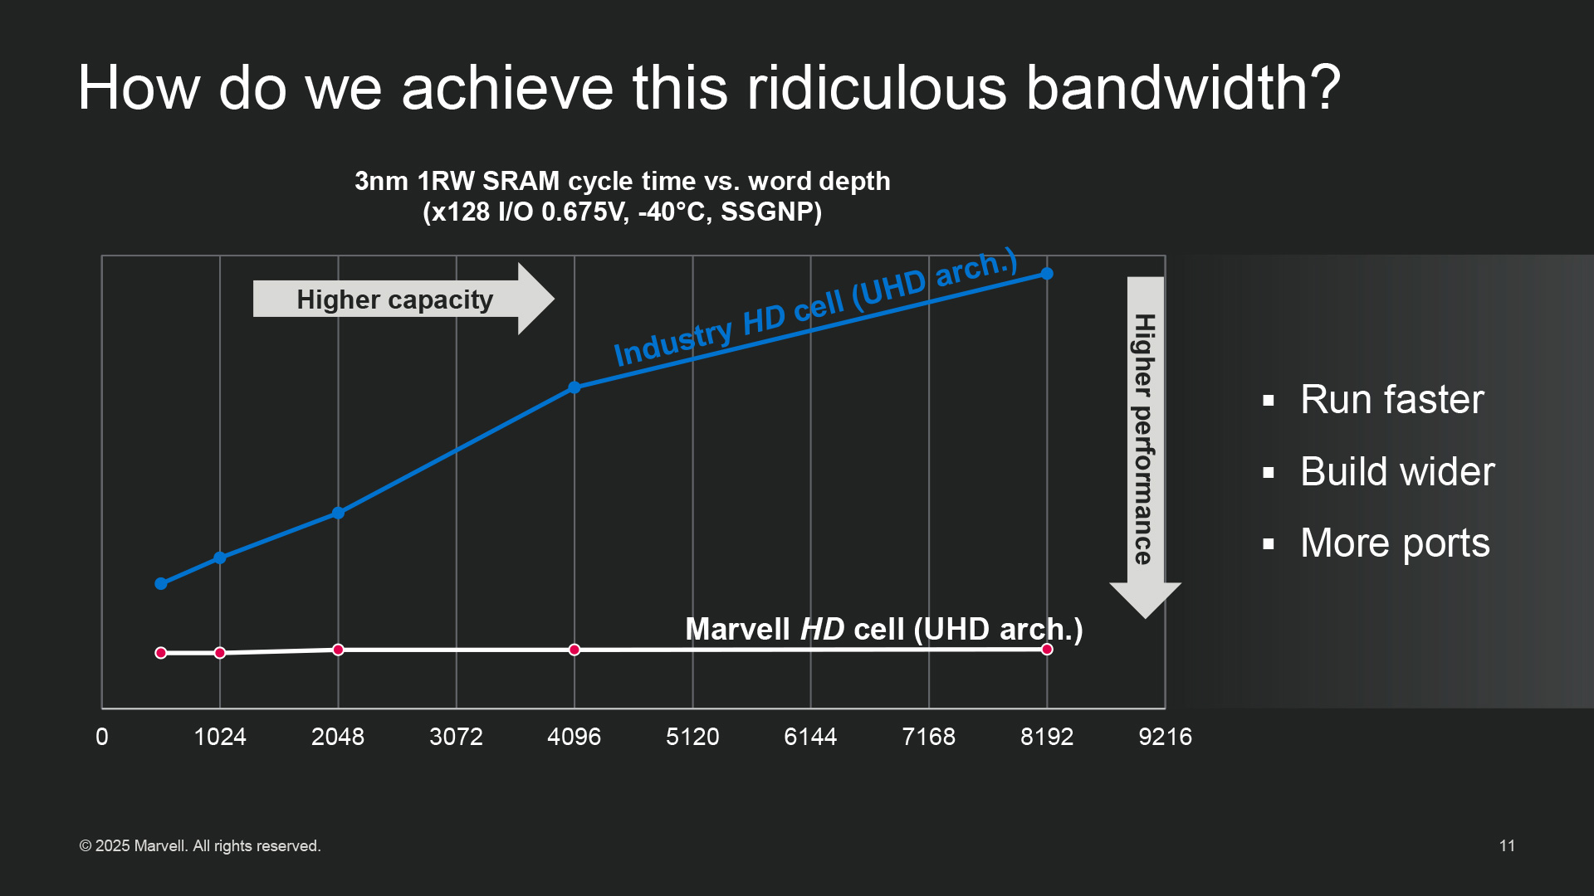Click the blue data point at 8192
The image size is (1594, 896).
click(x=1047, y=274)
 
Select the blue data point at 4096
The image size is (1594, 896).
click(x=575, y=387)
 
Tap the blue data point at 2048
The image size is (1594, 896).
click(x=338, y=513)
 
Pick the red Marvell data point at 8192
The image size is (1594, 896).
click(x=1047, y=650)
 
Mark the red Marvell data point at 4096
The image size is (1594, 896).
click(x=575, y=650)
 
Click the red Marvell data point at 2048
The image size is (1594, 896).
click(x=338, y=650)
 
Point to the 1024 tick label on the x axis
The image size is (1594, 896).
click(x=220, y=737)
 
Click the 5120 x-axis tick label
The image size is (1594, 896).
click(x=692, y=737)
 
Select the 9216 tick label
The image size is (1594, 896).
click(x=1165, y=737)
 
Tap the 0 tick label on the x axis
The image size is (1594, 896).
click(x=102, y=737)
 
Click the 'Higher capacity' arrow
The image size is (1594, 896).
click(x=403, y=299)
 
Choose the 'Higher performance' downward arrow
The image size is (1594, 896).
click(x=1146, y=447)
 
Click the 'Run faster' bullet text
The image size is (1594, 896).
click(x=1391, y=400)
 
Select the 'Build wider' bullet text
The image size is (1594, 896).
click(x=1397, y=472)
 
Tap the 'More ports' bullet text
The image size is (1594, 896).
click(x=1395, y=544)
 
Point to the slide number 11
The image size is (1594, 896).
click(x=1507, y=846)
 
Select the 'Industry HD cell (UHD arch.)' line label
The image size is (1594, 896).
click(x=815, y=307)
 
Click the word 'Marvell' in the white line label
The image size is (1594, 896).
click(x=737, y=630)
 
